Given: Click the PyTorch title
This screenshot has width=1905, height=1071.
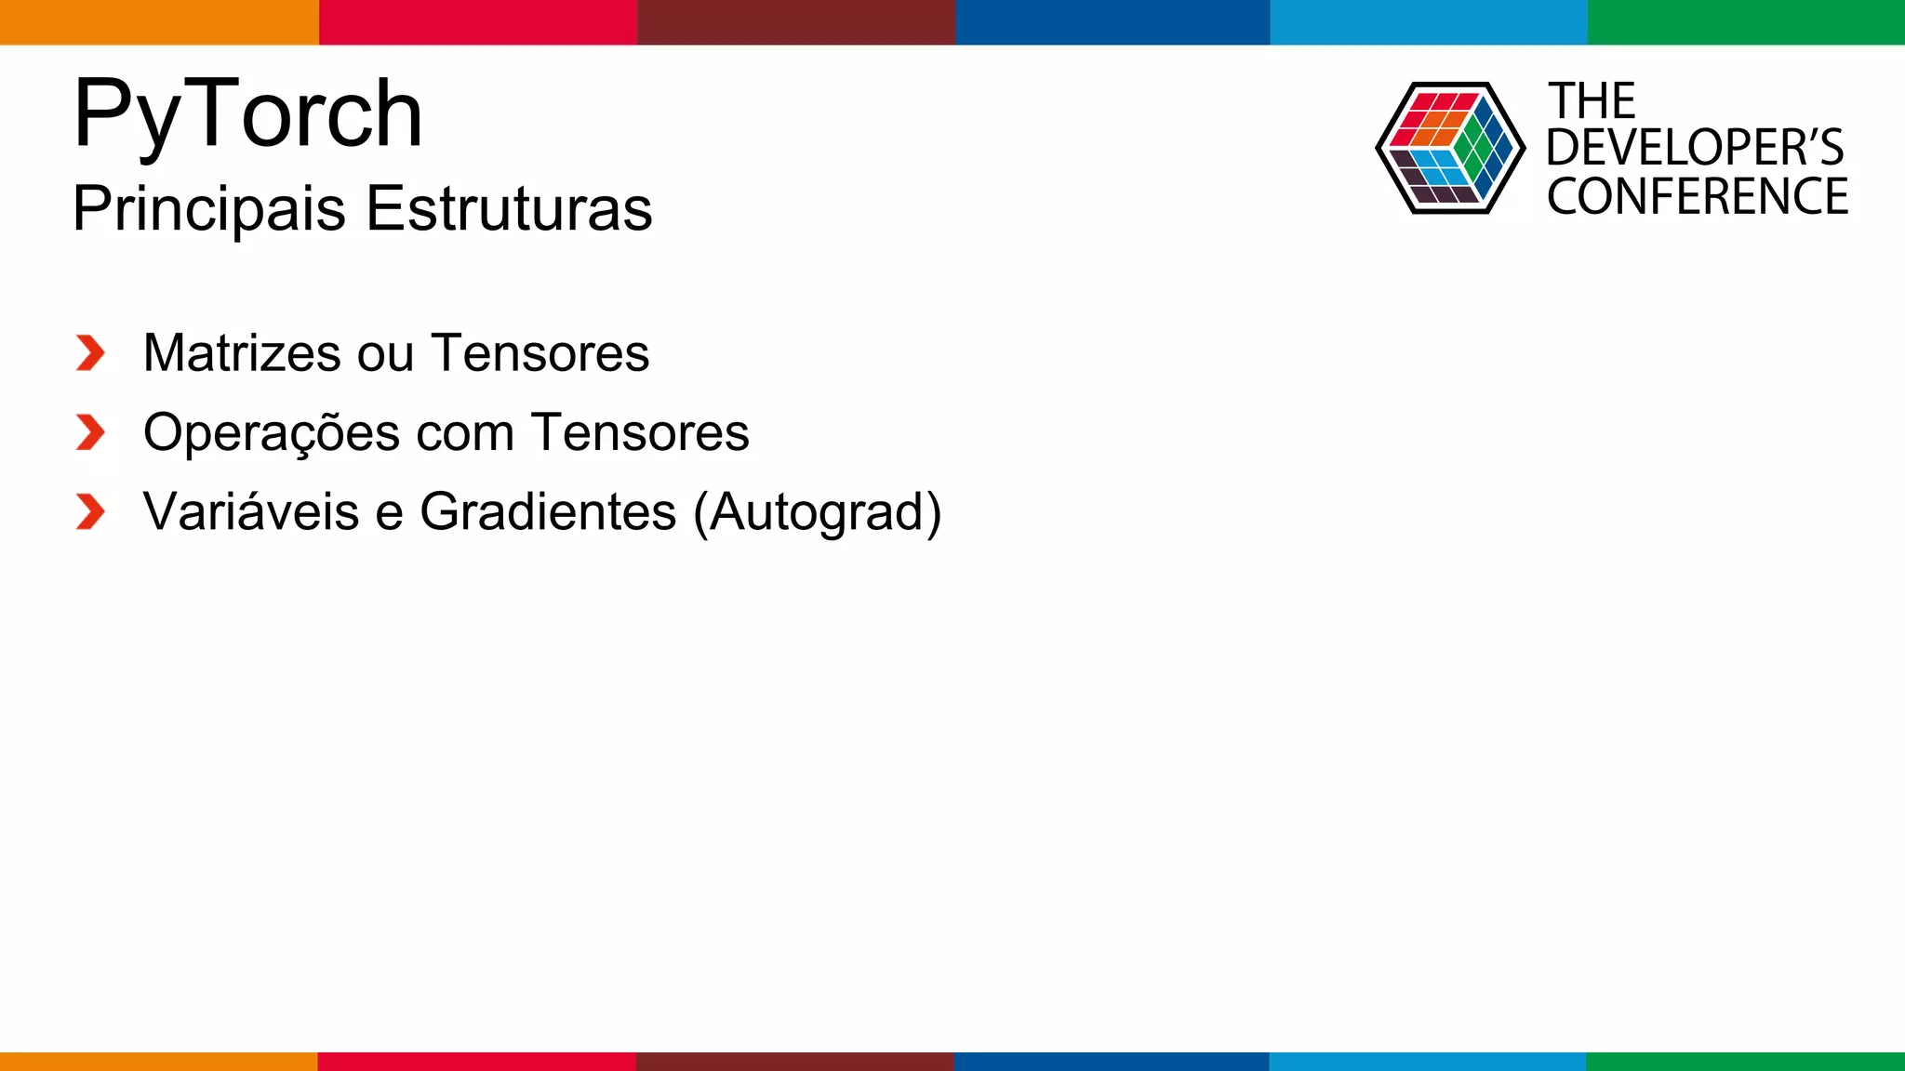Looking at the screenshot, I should pyautogui.click(x=247, y=114).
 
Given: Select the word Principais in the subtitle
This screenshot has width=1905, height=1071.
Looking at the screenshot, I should pyautogui.click(x=209, y=208).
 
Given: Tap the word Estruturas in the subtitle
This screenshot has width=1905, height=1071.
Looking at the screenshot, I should pyautogui.click(x=509, y=208).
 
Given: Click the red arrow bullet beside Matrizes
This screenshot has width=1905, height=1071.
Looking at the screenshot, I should pyautogui.click(x=90, y=353).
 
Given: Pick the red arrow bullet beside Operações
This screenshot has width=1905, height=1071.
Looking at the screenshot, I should pyautogui.click(x=90, y=432).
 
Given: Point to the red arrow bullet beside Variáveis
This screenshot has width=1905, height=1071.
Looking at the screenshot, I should pyautogui.click(x=90, y=512).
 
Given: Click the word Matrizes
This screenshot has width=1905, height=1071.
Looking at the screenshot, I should pyautogui.click(x=242, y=353).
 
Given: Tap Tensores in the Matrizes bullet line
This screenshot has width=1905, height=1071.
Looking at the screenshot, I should pyautogui.click(x=540, y=353).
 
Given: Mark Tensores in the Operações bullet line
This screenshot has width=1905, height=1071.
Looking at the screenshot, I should pyautogui.click(x=640, y=432).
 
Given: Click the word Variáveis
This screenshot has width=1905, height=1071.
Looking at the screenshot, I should pyautogui.click(x=251, y=511).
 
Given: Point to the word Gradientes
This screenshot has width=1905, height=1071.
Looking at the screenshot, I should pyautogui.click(x=548, y=511).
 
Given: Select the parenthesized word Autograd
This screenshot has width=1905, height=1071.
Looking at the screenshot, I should pyautogui.click(x=818, y=512).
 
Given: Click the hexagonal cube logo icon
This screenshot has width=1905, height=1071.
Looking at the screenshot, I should pyautogui.click(x=1449, y=148).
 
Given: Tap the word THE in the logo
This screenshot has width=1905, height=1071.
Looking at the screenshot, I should pyautogui.click(x=1592, y=101).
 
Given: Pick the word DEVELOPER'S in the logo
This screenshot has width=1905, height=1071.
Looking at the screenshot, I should pyautogui.click(x=1694, y=148).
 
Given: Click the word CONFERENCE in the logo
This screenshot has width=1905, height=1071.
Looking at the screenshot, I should pyautogui.click(x=1698, y=197).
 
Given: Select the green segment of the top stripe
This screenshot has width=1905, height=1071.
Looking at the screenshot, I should pyautogui.click(x=1746, y=21).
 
